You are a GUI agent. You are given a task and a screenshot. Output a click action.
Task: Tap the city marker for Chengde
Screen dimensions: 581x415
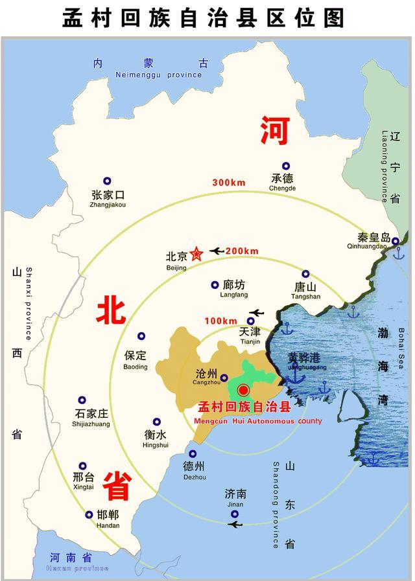[285, 166]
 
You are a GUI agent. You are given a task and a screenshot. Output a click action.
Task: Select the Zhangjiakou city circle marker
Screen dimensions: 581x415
[108, 181]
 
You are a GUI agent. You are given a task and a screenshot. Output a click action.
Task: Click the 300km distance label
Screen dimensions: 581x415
[229, 183]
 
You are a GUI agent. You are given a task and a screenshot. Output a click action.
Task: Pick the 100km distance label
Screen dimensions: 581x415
[220, 321]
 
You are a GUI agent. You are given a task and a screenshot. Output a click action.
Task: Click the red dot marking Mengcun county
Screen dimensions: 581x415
[243, 390]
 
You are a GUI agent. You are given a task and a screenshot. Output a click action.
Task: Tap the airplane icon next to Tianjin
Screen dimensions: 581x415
[257, 313]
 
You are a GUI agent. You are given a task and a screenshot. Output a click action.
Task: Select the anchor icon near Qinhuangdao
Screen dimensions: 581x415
[399, 253]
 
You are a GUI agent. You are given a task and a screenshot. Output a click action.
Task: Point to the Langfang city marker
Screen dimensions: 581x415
[215, 285]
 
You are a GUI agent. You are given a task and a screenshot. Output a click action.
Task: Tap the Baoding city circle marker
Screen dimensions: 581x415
[141, 336]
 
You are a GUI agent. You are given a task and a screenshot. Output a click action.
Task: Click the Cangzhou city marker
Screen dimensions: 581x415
[224, 378]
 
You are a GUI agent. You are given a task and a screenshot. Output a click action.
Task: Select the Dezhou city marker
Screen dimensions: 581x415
[193, 453]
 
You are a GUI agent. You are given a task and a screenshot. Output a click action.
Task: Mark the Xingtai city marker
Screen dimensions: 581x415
[83, 466]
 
